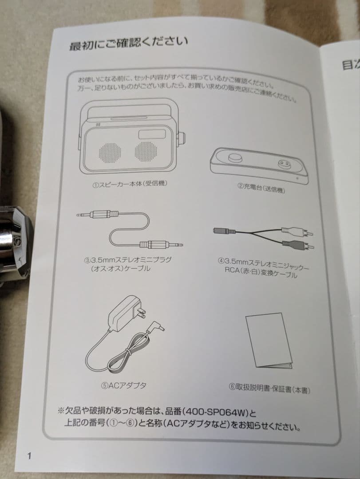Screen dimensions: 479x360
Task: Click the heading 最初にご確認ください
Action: pos(128,43)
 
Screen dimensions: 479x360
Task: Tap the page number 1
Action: pos(29,455)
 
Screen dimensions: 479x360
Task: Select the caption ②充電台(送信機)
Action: pos(261,188)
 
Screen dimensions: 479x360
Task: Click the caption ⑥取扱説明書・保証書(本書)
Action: pos(269,389)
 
